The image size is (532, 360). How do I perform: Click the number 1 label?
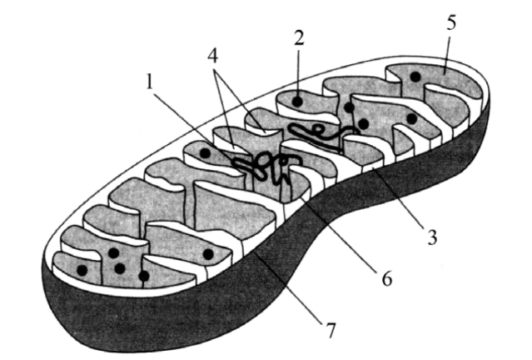click(x=149, y=84)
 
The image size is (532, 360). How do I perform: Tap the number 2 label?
click(x=296, y=37)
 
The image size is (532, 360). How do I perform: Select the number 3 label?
click(x=432, y=238)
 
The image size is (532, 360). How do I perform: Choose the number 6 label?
click(x=385, y=278)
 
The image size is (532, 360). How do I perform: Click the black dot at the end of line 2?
click(x=296, y=102)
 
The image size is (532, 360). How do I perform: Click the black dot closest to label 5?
click(x=414, y=77)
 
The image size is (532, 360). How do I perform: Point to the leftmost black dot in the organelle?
click(x=81, y=271)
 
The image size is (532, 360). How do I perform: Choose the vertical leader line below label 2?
click(x=296, y=71)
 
